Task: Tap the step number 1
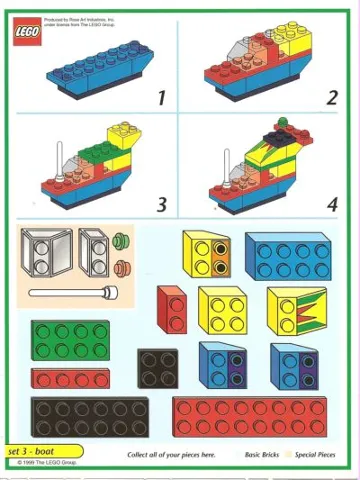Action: click(x=159, y=97)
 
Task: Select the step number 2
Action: click(x=331, y=97)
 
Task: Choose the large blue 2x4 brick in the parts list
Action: click(x=288, y=256)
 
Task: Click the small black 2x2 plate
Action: click(x=157, y=368)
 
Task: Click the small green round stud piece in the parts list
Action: click(x=123, y=241)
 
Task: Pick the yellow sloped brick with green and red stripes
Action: click(x=297, y=309)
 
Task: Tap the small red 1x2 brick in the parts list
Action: click(x=171, y=308)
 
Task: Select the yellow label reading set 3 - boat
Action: click(x=41, y=453)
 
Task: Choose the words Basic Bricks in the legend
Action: click(x=265, y=455)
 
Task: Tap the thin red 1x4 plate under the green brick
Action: click(x=70, y=379)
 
